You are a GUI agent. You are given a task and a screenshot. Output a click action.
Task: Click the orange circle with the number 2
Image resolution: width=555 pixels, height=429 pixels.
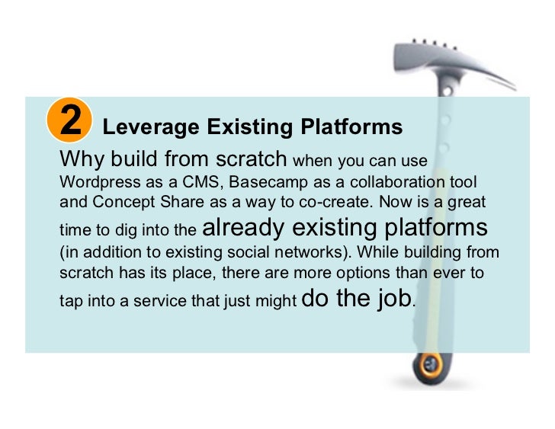[69, 121]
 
